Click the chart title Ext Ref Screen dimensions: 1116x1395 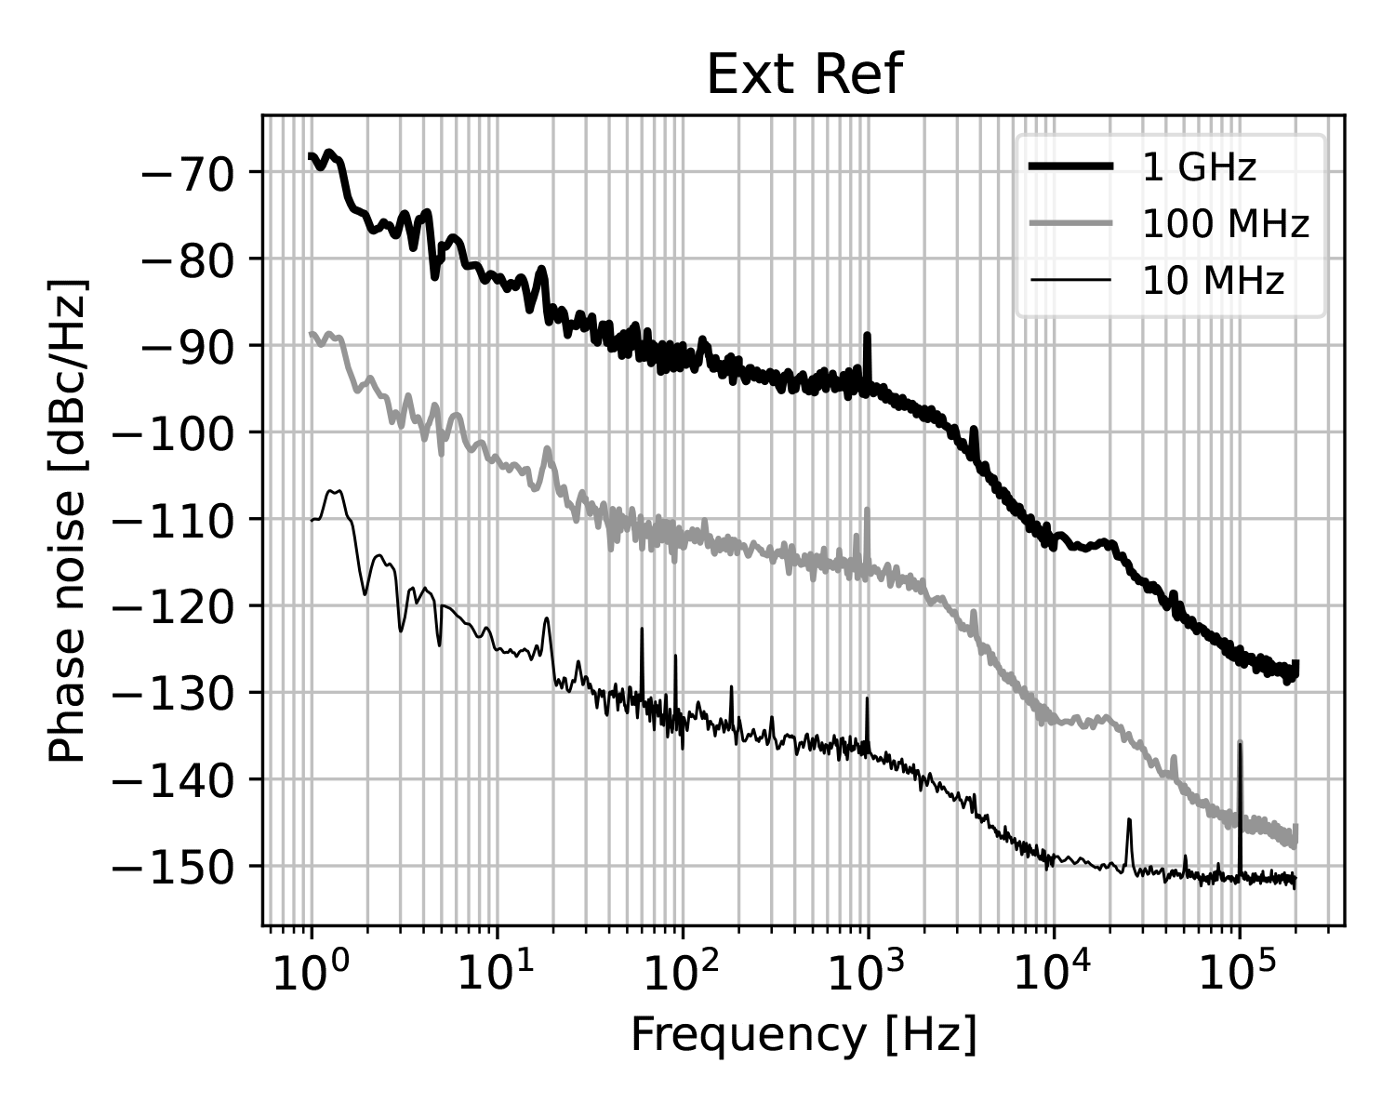pyautogui.click(x=804, y=74)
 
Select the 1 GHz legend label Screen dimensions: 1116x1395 pyautogui.click(x=1199, y=167)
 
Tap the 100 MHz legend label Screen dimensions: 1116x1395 pyautogui.click(x=1226, y=224)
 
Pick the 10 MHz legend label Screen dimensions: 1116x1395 pyautogui.click(x=1213, y=280)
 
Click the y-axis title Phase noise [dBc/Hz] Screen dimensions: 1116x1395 pyautogui.click(x=67, y=520)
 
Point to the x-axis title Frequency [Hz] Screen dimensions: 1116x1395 pyautogui.click(x=804, y=1034)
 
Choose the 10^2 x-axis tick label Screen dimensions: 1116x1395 pyautogui.click(x=682, y=976)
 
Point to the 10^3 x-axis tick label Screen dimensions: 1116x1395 pyautogui.click(x=867, y=976)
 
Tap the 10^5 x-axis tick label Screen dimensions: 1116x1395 pyautogui.click(x=1239, y=976)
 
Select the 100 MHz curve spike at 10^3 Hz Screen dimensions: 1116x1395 pyautogui.click(x=867, y=511)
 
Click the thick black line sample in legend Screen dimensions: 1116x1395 pyautogui.click(x=1069, y=167)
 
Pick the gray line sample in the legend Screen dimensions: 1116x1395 pyautogui.click(x=1069, y=224)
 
